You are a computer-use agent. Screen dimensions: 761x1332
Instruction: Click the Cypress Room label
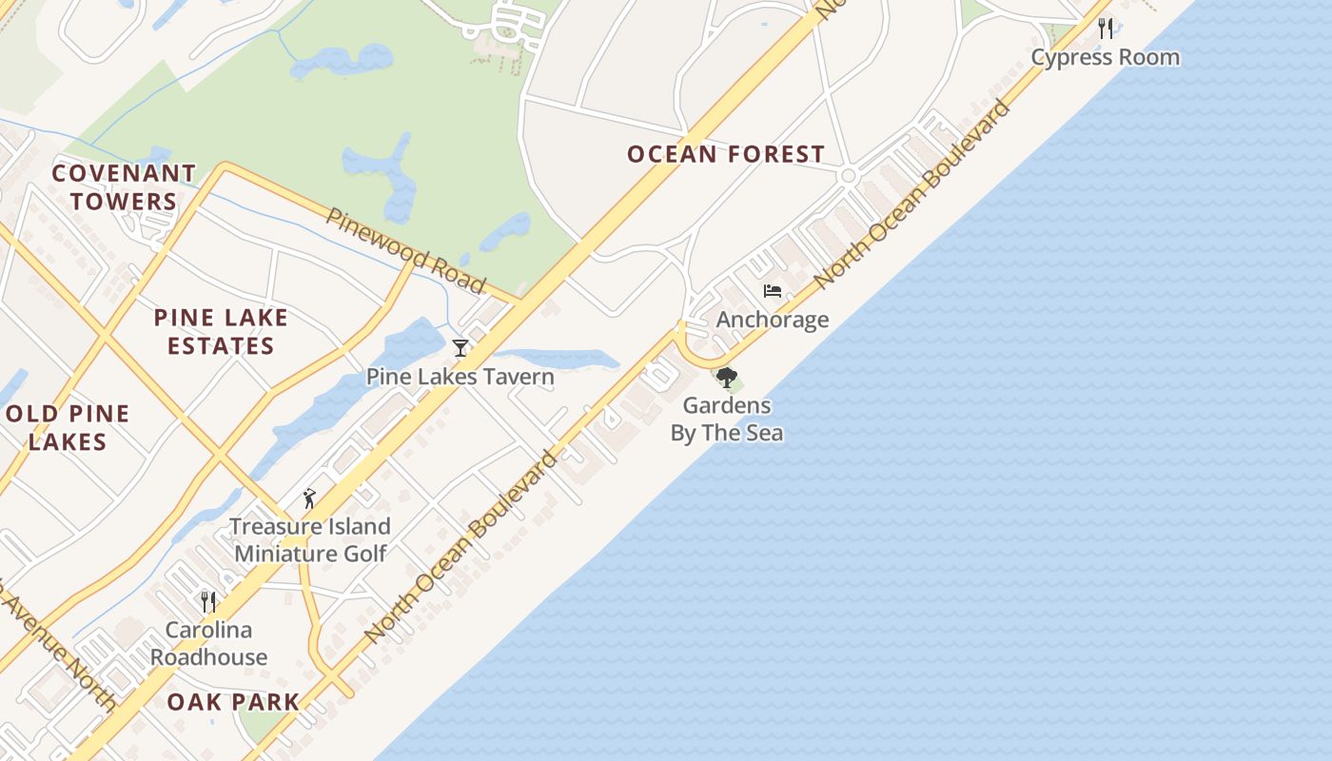tap(1105, 57)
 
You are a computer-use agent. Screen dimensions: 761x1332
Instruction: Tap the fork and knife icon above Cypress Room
tap(1106, 28)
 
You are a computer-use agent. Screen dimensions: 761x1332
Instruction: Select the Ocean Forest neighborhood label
tap(726, 154)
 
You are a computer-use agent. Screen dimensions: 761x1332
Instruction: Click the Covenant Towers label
tap(124, 187)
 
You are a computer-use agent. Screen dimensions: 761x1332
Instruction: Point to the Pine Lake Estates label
tap(221, 331)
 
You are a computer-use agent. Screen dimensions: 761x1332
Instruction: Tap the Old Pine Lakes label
tap(67, 427)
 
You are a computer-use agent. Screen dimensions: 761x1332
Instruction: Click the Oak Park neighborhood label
tap(233, 702)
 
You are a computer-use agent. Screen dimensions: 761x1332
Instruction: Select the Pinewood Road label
tap(406, 249)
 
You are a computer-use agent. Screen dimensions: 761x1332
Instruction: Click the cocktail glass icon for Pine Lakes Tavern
tap(460, 348)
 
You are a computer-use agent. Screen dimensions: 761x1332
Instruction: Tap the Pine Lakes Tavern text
tap(460, 377)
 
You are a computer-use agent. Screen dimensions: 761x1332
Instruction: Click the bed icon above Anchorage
tap(773, 291)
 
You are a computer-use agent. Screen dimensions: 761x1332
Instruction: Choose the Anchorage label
tap(773, 320)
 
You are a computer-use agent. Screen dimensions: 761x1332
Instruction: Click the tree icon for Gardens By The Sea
tap(727, 378)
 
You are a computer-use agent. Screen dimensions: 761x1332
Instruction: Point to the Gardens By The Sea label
tap(727, 419)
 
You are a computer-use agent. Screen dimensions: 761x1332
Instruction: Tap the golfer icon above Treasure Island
tap(308, 498)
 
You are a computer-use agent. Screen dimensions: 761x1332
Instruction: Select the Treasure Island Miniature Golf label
tap(310, 539)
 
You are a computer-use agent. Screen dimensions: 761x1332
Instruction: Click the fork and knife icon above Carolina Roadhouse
tap(208, 601)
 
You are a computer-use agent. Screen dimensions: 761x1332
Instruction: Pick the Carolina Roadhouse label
tap(208, 643)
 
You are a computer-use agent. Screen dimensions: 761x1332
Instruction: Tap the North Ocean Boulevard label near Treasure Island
tap(461, 547)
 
